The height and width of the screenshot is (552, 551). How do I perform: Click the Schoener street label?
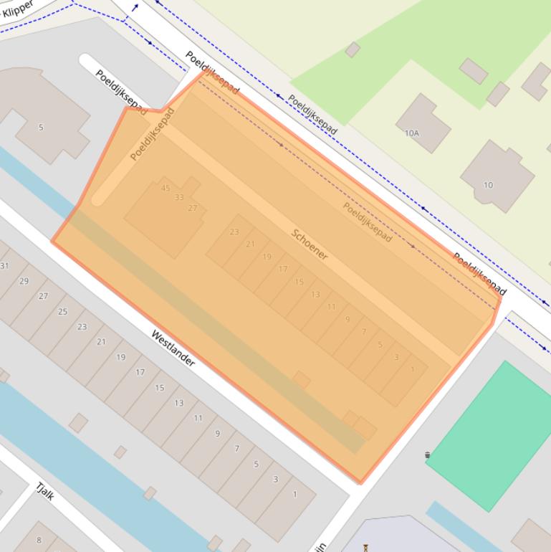coord(310,244)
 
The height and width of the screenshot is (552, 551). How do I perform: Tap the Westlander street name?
coord(173,348)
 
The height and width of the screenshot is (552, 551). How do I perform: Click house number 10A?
coord(412,133)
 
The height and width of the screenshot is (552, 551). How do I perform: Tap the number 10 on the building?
coord(488,185)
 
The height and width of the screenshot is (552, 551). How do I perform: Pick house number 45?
coord(166,189)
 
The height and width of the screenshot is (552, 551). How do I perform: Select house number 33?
coord(179,198)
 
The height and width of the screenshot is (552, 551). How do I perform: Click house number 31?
coord(4,266)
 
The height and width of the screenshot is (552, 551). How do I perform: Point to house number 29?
coord(24,281)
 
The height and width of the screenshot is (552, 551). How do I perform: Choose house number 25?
coord(62,311)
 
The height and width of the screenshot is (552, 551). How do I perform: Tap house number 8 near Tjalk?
coord(39,540)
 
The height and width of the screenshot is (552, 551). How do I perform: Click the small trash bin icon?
coord(428,455)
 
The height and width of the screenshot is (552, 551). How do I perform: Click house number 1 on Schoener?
coord(413,370)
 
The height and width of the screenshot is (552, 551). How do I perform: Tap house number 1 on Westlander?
coord(294,495)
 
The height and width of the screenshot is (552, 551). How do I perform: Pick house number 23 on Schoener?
coord(234,232)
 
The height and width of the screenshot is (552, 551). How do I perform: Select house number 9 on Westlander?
coord(217,433)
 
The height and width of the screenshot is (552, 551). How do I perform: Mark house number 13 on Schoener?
coord(315,295)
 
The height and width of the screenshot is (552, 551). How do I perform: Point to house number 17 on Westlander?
coord(140,372)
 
